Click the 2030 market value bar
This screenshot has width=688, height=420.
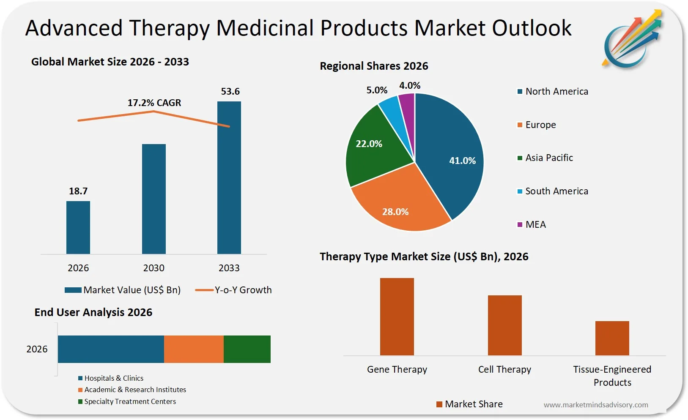click(x=154, y=199)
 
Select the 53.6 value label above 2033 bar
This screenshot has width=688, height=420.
click(x=230, y=91)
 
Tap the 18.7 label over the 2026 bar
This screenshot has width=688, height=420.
click(x=78, y=191)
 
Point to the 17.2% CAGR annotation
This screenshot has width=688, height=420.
click(x=154, y=103)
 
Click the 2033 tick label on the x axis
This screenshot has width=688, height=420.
click(x=229, y=268)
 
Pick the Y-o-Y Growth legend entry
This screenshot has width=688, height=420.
click(x=234, y=290)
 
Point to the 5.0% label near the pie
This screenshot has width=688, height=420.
click(x=376, y=90)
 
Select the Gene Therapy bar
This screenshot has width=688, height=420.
click(x=397, y=316)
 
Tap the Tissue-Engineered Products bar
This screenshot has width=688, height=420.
click(x=612, y=338)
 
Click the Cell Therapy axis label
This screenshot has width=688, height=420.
click(x=504, y=369)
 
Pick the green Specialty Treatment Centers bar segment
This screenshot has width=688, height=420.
click(x=247, y=349)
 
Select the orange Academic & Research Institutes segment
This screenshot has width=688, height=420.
click(x=194, y=349)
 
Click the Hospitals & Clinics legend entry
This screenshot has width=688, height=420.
click(x=111, y=378)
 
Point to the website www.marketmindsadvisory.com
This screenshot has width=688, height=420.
click(x=595, y=405)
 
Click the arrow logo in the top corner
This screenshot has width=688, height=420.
click(x=632, y=39)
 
